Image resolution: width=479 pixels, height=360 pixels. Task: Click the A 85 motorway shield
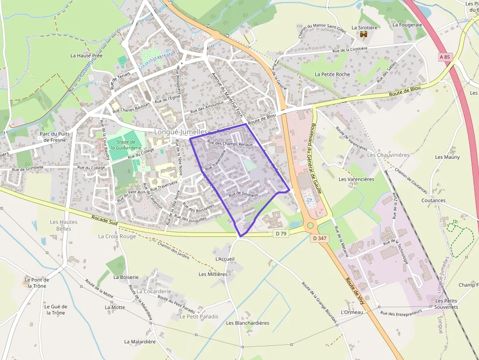click(x=444, y=57)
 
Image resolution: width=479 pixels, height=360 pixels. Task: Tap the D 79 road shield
click(x=281, y=234)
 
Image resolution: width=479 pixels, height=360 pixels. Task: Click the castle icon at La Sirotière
click(x=364, y=34)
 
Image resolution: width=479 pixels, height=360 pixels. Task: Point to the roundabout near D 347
click(x=310, y=226)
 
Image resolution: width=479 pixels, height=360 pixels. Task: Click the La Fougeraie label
click(x=407, y=24)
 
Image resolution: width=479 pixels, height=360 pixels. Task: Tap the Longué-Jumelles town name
click(x=181, y=132)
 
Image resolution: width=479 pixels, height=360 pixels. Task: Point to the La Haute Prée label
click(x=87, y=56)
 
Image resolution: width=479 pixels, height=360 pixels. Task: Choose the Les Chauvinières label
click(x=388, y=155)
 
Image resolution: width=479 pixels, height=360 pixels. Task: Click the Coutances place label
click(x=433, y=200)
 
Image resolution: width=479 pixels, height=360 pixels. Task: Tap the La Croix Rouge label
click(x=117, y=236)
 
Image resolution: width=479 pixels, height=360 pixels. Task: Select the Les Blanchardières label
click(x=247, y=323)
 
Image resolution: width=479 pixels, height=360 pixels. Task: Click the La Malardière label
click(x=140, y=342)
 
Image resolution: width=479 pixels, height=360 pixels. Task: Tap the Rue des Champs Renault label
click(x=230, y=144)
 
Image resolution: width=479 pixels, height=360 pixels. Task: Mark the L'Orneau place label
click(x=352, y=312)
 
